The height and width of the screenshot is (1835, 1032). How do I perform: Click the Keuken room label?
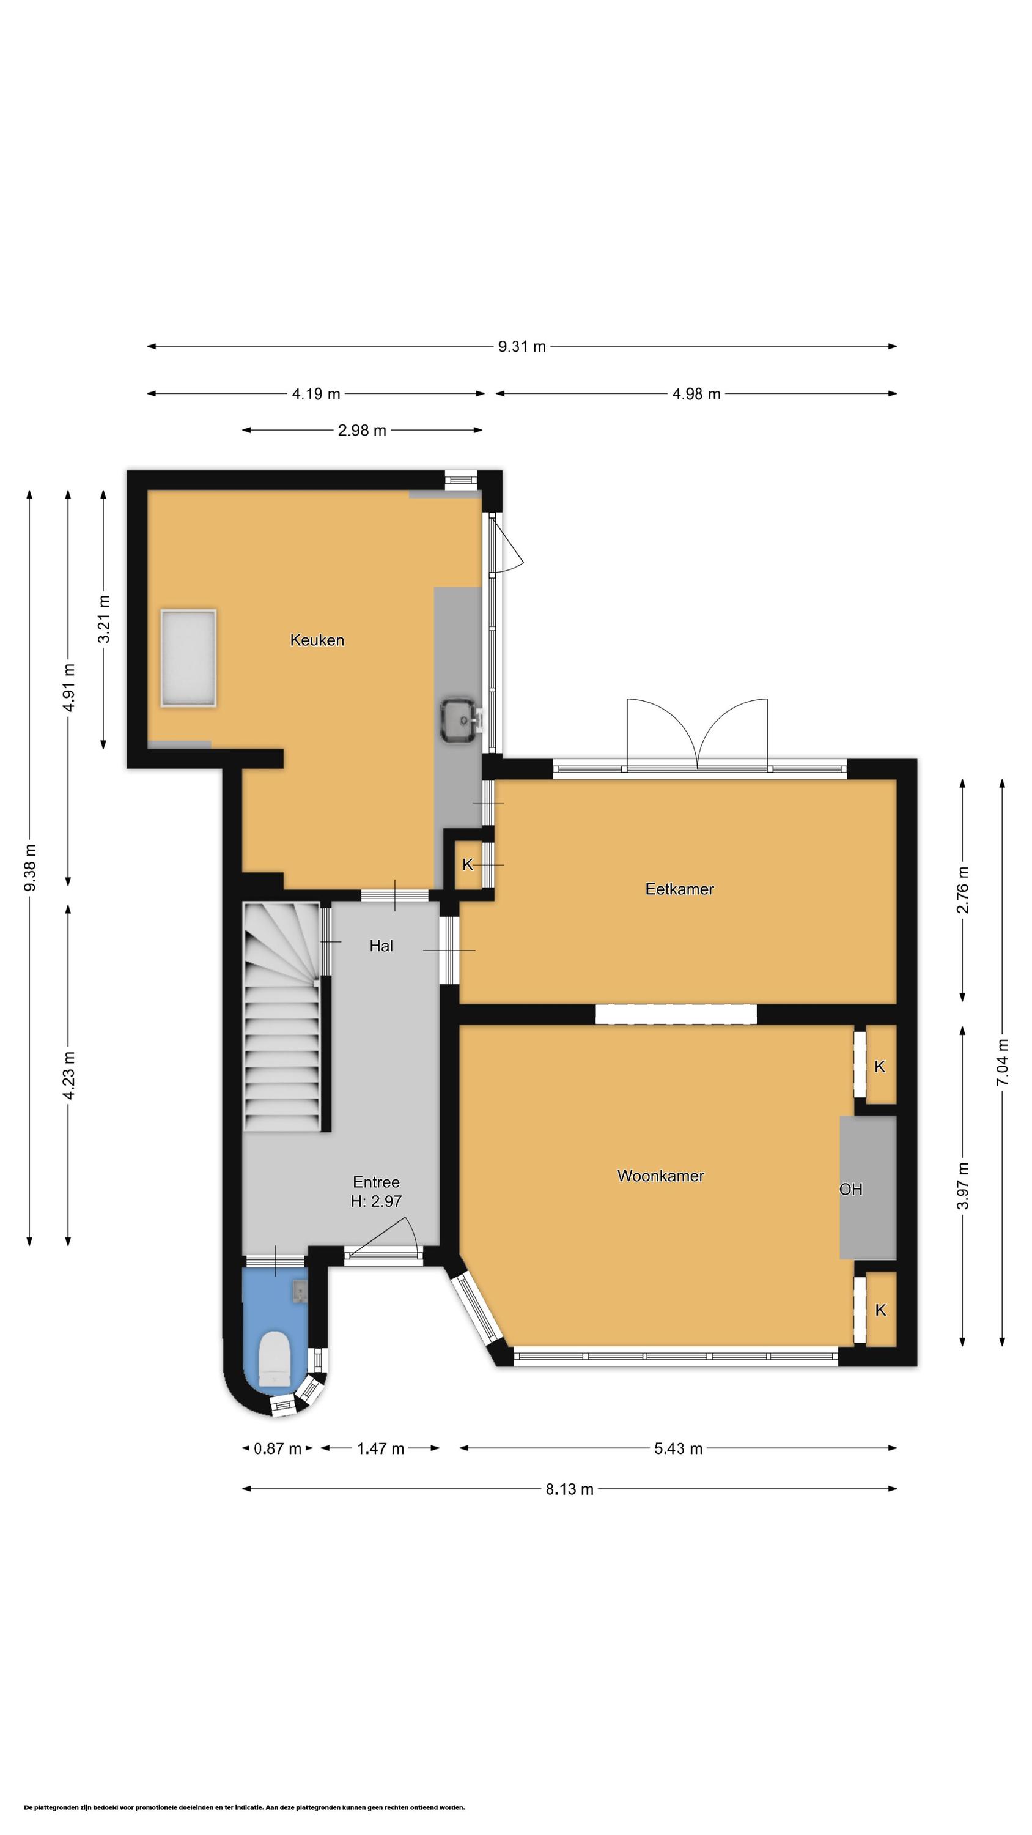(317, 640)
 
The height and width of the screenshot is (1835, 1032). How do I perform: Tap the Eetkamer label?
(679, 888)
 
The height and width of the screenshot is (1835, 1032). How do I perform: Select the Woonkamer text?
(660, 1176)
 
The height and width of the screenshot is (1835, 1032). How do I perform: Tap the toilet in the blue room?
(275, 1359)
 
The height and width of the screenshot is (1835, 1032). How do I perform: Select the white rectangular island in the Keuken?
(188, 658)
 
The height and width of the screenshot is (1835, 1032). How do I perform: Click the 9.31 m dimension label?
(522, 346)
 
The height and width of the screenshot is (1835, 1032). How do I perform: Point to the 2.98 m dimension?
(362, 430)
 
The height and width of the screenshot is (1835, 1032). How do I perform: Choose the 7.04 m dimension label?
(1002, 1062)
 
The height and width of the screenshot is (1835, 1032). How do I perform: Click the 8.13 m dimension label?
(569, 1489)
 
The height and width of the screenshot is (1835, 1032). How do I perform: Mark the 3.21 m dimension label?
(104, 618)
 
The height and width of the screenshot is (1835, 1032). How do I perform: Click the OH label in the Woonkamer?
(850, 1188)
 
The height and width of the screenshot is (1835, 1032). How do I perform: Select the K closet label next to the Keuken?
(467, 864)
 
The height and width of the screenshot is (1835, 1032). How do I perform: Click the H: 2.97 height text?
(376, 1201)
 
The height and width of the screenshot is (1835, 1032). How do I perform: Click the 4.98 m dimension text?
(696, 394)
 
